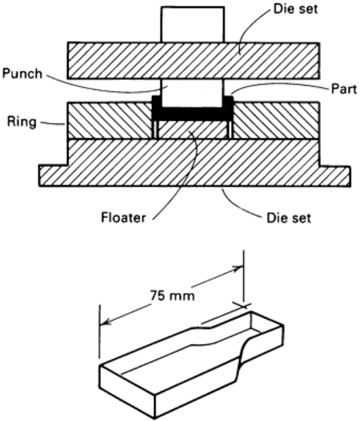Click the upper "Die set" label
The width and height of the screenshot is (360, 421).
pos(296,9)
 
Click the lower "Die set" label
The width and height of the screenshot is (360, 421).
pos(289,218)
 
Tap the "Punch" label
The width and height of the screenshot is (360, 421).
pos(23,74)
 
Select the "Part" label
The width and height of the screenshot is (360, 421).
pos(344,89)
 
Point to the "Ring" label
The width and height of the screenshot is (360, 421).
pos(22,122)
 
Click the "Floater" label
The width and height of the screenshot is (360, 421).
pos(123,217)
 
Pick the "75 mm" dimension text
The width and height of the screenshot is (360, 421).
pos(172,296)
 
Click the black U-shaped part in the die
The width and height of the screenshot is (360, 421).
pos(192,114)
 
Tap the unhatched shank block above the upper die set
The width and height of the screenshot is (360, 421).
pos(192,25)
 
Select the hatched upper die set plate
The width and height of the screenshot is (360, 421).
pos(193,61)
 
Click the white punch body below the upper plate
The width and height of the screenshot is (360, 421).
pos(192,93)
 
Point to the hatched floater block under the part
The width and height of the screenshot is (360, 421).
pos(192,129)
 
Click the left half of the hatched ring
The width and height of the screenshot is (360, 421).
pos(110,120)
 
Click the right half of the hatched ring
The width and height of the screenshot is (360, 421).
pos(276,120)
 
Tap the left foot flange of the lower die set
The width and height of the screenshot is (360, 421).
pos(54,176)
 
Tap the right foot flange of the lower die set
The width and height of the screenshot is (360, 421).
pos(335,176)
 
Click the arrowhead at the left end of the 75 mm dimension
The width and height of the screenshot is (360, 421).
pos(105,322)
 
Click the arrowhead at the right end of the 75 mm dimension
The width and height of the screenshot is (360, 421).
pos(238,268)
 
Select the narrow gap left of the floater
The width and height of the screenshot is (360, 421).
pos(156,129)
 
